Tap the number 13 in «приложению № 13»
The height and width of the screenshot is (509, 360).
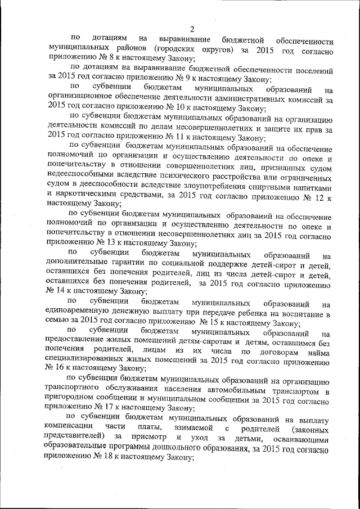[x=102, y=242]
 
